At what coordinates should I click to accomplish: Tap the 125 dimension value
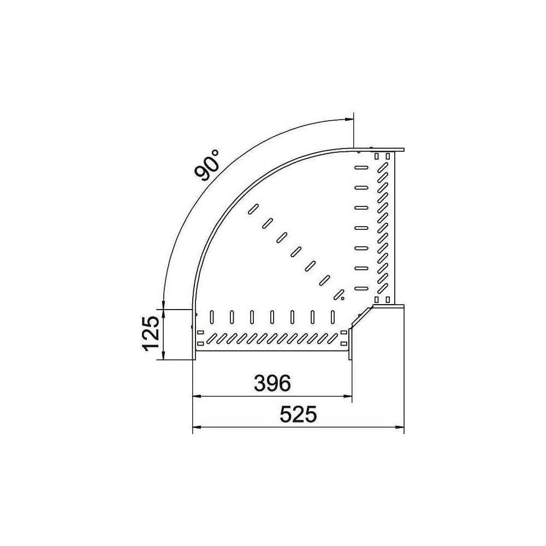coord(152,334)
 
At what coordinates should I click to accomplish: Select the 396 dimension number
coord(272,383)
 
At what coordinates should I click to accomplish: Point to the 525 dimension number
coord(299,414)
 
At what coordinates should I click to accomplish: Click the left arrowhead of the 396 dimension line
coord(197,396)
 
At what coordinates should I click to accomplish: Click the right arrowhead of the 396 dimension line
coord(348,396)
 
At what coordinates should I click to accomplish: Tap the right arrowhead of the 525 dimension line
coord(400,428)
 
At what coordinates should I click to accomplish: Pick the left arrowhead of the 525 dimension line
coord(197,428)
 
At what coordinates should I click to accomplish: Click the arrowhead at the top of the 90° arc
coord(349,120)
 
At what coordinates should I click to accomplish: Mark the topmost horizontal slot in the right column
coord(361,168)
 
